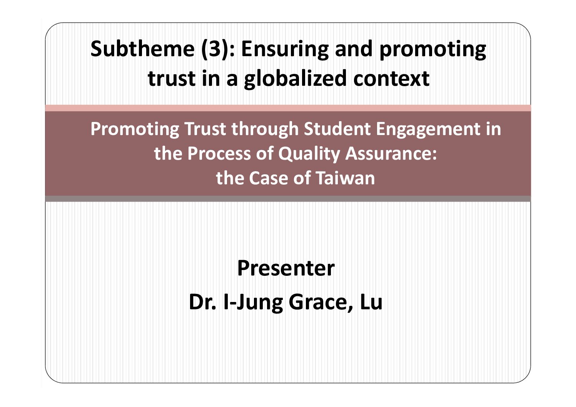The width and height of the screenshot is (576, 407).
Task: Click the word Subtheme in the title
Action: pos(143,49)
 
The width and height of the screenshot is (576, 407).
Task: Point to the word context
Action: pos(391,79)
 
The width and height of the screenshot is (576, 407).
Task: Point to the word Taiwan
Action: pos(346,178)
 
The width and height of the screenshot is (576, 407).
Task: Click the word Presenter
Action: pos(286,268)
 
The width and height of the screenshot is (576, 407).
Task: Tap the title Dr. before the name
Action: pos(203,302)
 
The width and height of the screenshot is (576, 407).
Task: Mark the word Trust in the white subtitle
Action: pos(205,129)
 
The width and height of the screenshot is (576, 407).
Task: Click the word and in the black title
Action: pos(354,49)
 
